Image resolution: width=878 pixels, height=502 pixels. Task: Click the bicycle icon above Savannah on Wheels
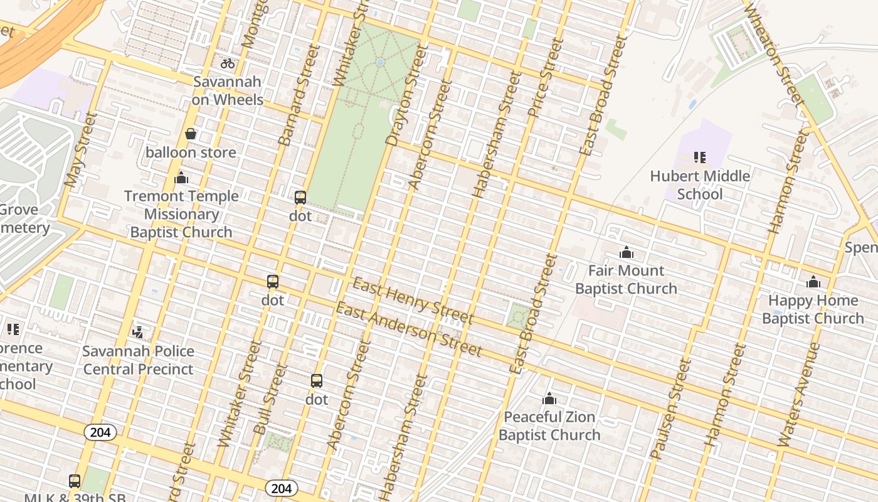[x=228, y=63]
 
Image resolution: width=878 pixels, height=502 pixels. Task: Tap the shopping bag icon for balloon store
[x=191, y=134]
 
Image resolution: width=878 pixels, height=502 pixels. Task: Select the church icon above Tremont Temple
[x=181, y=178]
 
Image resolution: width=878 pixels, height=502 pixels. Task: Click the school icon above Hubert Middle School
[x=700, y=158]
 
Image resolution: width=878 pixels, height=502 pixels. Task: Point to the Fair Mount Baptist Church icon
[x=626, y=253]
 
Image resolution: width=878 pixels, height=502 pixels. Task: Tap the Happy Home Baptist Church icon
[x=813, y=282]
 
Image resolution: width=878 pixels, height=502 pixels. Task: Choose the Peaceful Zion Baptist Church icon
[x=549, y=398]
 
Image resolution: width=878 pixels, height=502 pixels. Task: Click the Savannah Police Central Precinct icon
[x=138, y=333]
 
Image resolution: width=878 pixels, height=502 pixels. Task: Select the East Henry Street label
[x=412, y=301]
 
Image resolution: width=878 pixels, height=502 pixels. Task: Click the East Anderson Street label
[x=409, y=329]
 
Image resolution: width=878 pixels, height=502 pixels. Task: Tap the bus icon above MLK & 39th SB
[x=75, y=481]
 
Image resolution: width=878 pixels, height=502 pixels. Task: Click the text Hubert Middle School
[x=700, y=185]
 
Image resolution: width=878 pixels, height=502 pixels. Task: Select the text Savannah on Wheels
[x=227, y=90]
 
